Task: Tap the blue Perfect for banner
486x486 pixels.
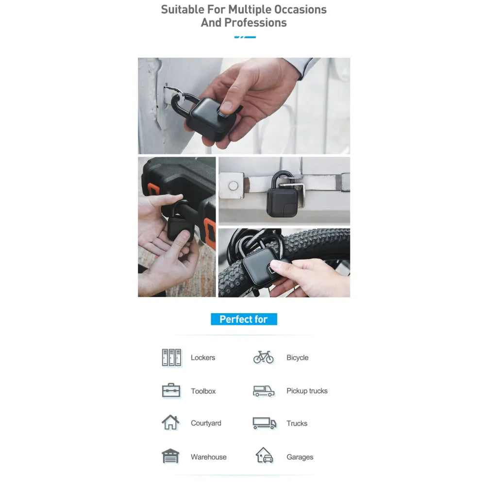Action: point(244,319)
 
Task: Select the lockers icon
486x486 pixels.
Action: point(171,357)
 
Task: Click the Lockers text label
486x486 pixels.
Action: point(203,358)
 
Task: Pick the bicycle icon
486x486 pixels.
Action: point(264,357)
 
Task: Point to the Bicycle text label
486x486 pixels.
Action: point(297,358)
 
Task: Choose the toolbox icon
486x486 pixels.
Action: point(171,390)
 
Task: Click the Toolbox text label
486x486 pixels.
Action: point(203,391)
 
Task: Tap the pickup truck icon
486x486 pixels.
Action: point(264,391)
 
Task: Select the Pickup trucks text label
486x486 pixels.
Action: point(307,391)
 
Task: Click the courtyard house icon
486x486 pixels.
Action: point(170,422)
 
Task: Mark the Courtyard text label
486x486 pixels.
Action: point(206,423)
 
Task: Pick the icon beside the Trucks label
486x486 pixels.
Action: point(264,423)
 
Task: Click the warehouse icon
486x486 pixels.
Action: point(170,456)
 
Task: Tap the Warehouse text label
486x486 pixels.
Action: point(208,457)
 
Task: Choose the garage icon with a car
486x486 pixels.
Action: point(264,455)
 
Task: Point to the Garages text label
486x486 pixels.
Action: point(300,457)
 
